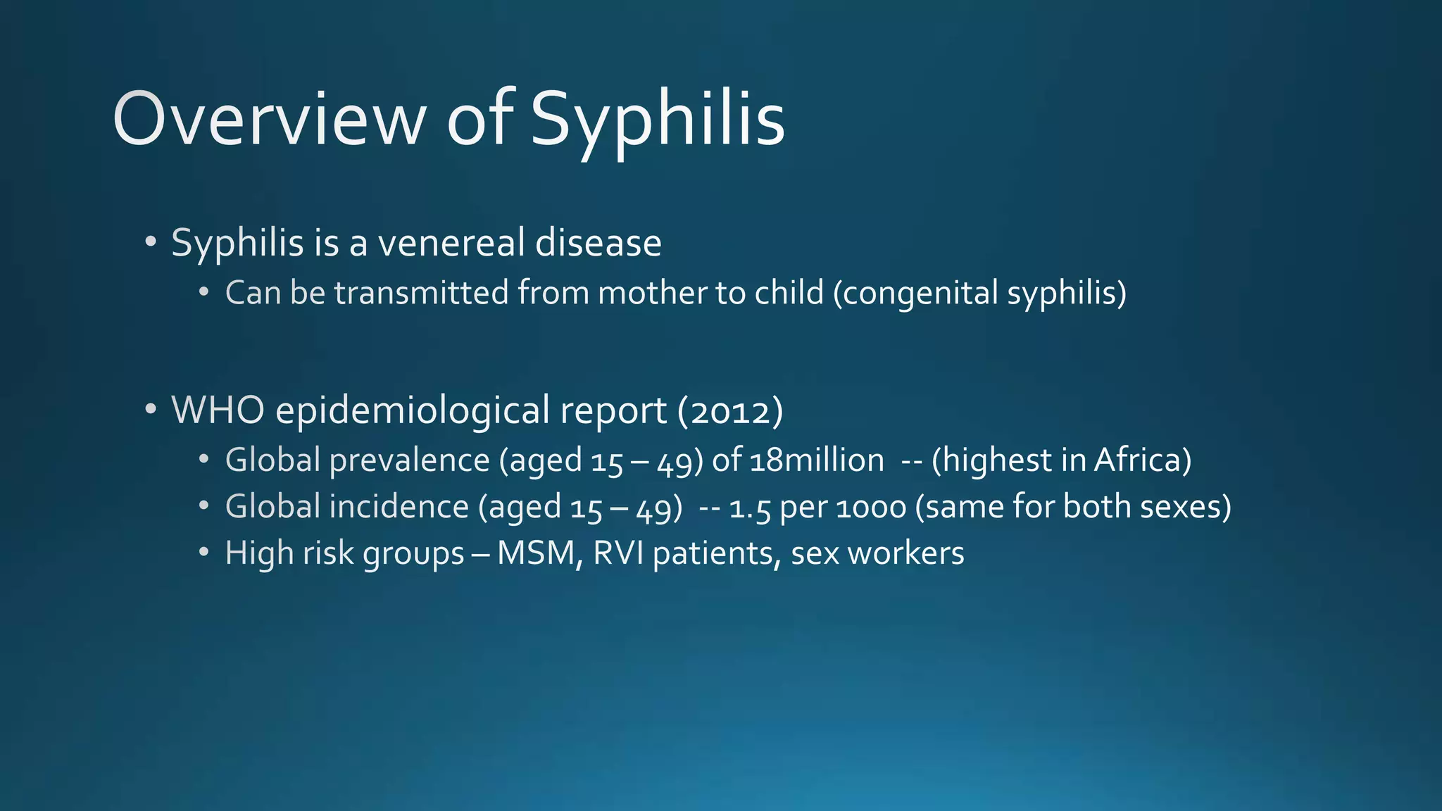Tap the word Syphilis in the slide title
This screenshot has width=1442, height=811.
657,121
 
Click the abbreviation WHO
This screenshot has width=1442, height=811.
218,410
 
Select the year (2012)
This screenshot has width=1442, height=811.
730,411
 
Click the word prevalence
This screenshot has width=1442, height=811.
409,460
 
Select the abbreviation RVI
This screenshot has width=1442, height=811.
618,554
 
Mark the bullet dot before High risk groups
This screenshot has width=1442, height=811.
203,553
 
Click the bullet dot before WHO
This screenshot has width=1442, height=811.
150,409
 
